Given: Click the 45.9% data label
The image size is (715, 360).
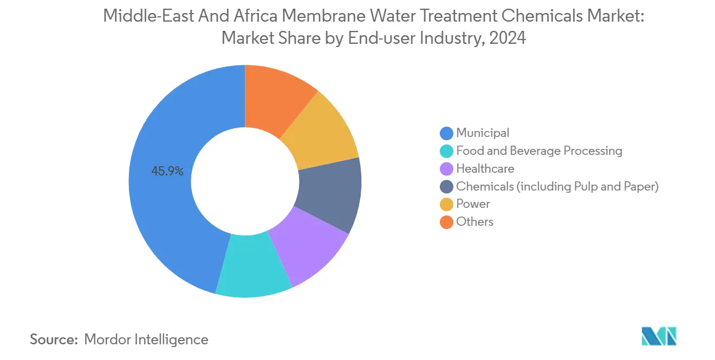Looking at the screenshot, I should click(167, 172).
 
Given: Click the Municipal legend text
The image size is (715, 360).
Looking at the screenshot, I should click(483, 133).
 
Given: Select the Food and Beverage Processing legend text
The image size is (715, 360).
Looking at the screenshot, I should click(539, 150).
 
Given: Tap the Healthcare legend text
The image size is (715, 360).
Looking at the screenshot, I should click(485, 168).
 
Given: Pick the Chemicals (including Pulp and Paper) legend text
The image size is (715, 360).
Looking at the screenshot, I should click(557, 186).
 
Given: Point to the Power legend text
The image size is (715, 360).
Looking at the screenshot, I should click(473, 204).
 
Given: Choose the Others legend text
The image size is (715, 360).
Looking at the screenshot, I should click(474, 222).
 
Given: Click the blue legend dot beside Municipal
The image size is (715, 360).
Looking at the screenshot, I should click(446, 133).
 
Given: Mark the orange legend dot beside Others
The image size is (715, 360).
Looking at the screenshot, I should click(446, 222).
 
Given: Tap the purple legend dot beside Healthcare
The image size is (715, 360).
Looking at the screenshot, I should click(446, 169).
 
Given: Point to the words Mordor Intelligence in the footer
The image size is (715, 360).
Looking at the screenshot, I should click(146, 339).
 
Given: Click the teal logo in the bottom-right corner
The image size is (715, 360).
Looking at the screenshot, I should click(658, 336).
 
